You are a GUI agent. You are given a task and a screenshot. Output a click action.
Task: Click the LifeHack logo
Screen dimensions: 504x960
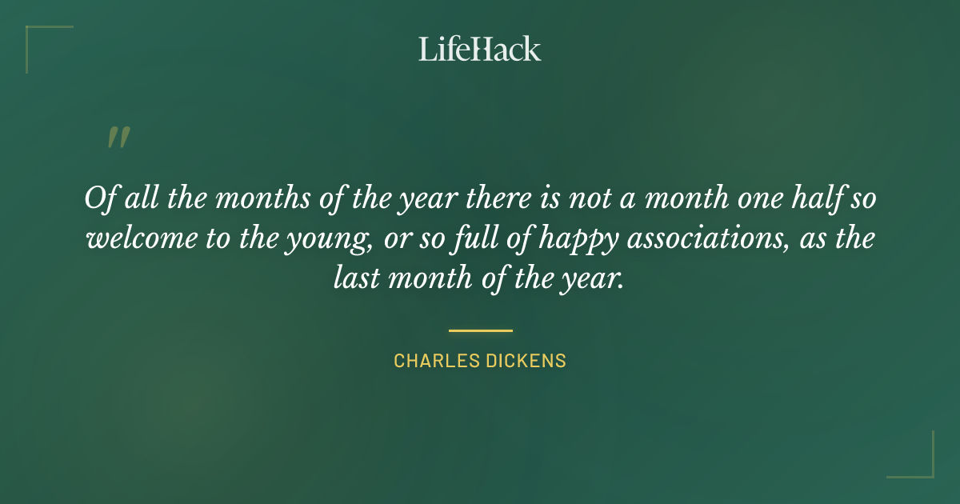click(x=480, y=49)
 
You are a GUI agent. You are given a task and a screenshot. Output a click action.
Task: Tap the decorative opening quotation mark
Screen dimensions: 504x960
click(x=118, y=138)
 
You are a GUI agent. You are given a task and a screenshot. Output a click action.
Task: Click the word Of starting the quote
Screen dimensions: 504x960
click(x=99, y=198)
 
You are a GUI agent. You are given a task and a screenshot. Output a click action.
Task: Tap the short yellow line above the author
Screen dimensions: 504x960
click(x=480, y=330)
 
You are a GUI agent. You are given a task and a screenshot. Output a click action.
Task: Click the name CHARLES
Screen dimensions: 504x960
click(x=435, y=361)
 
